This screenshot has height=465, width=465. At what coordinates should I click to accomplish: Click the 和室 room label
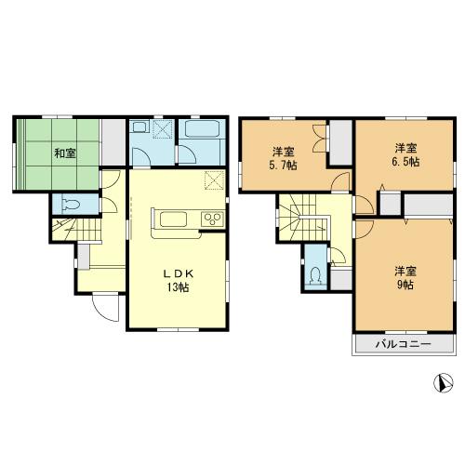pyautogui.click(x=62, y=153)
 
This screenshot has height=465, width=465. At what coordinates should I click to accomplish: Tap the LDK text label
pyautogui.click(x=178, y=273)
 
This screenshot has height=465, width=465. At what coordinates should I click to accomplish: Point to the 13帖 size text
pyautogui.click(x=178, y=287)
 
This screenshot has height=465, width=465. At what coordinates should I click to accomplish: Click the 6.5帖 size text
pyautogui.click(x=405, y=162)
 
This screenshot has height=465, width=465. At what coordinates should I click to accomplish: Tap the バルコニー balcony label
pyautogui.click(x=403, y=344)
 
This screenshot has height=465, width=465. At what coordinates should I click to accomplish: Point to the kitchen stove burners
pyautogui.click(x=210, y=219)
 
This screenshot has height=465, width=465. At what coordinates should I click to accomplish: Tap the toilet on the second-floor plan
pyautogui.click(x=317, y=274)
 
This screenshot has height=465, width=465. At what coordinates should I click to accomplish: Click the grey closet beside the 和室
pyautogui.click(x=113, y=140)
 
